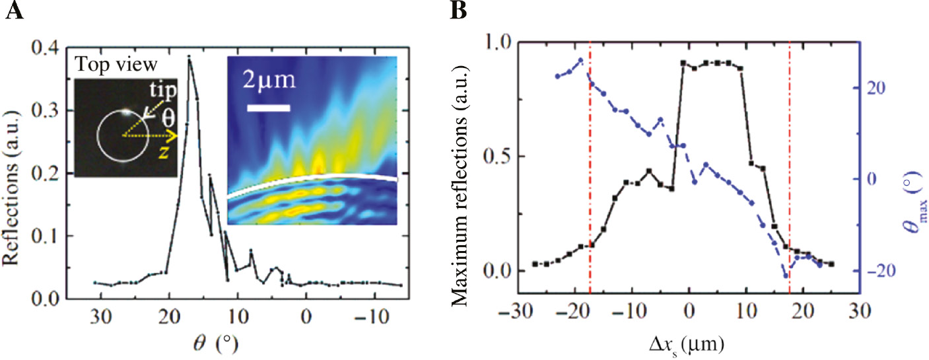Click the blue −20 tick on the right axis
coord(879,271)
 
